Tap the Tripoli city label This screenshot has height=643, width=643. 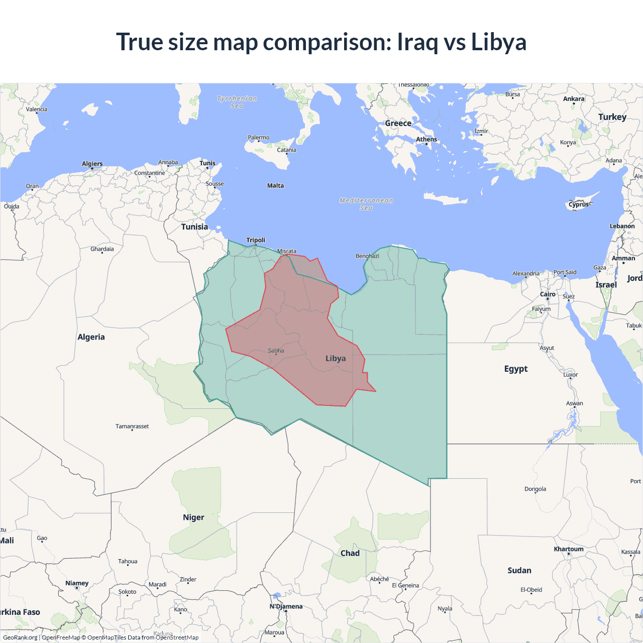point(256,240)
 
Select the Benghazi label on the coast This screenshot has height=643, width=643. point(367,256)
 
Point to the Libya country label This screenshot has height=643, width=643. point(336,358)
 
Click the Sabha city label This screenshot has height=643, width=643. point(276,351)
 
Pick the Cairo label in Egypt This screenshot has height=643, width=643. point(548,294)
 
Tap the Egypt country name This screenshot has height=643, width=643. point(516,369)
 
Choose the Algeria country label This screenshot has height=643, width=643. point(91,337)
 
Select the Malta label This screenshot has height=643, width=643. point(275,185)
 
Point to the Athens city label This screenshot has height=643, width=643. point(426,139)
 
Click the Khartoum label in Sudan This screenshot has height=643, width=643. point(569,549)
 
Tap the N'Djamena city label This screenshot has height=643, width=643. point(286,606)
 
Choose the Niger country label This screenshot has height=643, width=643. point(193,517)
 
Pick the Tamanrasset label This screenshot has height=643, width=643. point(132,426)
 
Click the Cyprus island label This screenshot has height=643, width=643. point(579,204)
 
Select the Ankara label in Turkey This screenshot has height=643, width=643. point(574,99)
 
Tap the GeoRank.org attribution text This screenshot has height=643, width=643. point(20,637)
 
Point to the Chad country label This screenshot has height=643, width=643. point(350,553)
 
